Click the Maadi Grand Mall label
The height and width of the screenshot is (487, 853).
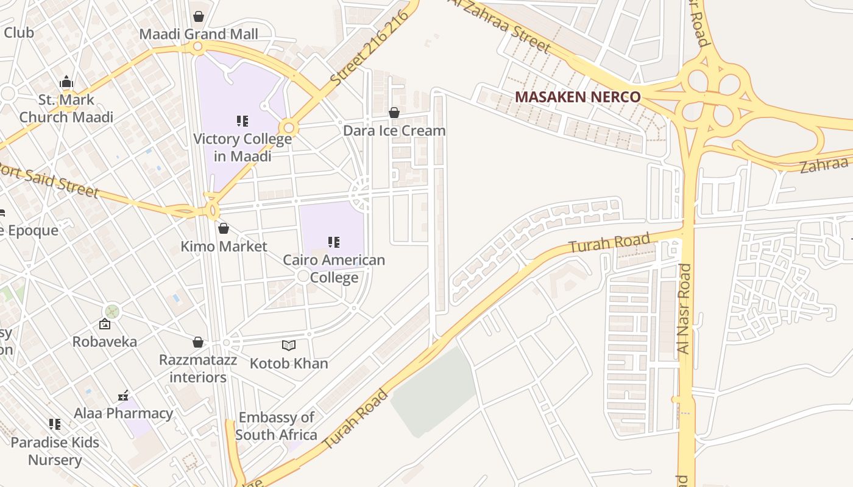pyautogui.click(x=199, y=34)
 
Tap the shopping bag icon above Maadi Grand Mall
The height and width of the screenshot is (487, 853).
pyautogui.click(x=198, y=16)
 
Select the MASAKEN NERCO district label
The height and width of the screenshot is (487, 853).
pyautogui.click(x=578, y=97)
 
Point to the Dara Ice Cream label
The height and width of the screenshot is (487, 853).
pyautogui.click(x=394, y=131)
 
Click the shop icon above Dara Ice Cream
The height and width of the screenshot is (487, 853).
pyautogui.click(x=394, y=113)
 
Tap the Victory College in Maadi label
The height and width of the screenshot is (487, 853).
pyautogui.click(x=242, y=147)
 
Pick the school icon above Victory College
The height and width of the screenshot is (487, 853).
pyautogui.click(x=242, y=121)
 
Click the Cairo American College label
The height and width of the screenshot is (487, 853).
pyautogui.click(x=334, y=268)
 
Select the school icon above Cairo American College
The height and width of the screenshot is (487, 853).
pyautogui.click(x=334, y=242)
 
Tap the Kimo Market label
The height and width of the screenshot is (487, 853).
pyautogui.click(x=224, y=247)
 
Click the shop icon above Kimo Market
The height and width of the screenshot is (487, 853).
pyautogui.click(x=224, y=228)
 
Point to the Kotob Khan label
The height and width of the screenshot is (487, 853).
pyautogui.click(x=289, y=363)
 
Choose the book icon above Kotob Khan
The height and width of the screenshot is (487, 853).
pyautogui.click(x=289, y=346)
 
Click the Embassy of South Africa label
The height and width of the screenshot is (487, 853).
pyautogui.click(x=276, y=426)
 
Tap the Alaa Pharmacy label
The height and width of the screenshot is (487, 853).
pyautogui.click(x=124, y=413)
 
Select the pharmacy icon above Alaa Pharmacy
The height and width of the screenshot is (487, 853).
pyautogui.click(x=124, y=396)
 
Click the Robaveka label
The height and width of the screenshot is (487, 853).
pyautogui.click(x=105, y=342)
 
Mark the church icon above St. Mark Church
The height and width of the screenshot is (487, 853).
pyautogui.click(x=66, y=82)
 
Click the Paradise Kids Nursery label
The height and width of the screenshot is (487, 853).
pyautogui.click(x=55, y=451)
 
